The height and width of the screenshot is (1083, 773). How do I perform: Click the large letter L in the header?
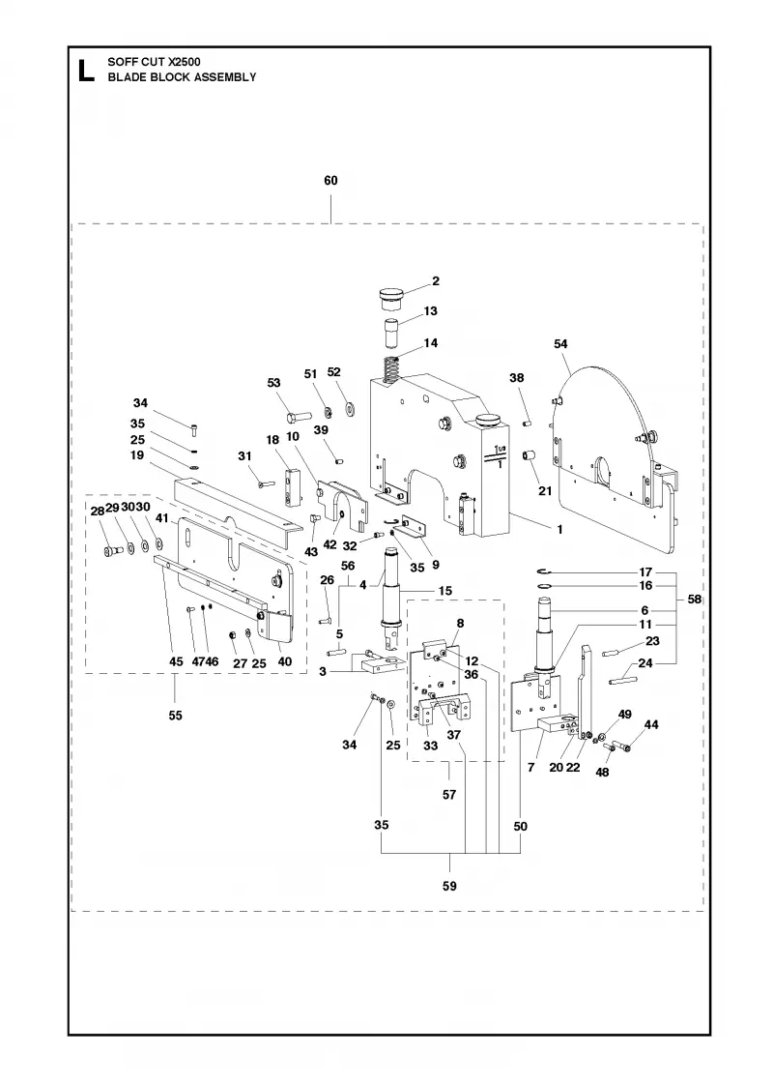pos(86,71)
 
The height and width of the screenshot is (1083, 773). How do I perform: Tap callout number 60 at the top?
pos(330,180)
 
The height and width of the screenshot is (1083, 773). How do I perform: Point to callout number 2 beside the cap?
pos(436,281)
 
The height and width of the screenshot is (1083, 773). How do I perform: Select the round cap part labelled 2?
pos(390,301)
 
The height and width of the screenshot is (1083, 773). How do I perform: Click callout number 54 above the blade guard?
pos(560,344)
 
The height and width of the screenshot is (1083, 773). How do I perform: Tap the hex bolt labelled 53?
pos(298,417)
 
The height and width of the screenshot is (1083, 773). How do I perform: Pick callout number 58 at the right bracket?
pos(695,599)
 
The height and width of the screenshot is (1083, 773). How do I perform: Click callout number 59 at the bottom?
pos(449,886)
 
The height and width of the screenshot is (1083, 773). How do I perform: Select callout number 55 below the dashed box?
pos(175,716)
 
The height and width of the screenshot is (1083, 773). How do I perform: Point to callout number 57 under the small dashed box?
pos(449,795)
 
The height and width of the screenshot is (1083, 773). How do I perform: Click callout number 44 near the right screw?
pos(651,724)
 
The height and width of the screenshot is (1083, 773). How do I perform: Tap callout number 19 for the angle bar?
pos(136,455)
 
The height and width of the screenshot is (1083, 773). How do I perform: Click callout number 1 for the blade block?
pos(559,529)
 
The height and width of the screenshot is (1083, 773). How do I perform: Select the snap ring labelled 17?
pos(545,571)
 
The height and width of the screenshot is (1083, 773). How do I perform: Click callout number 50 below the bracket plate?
pos(521,826)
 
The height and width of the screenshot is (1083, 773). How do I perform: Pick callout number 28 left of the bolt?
pos(98,512)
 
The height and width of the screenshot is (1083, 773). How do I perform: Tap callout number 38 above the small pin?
pos(517,378)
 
